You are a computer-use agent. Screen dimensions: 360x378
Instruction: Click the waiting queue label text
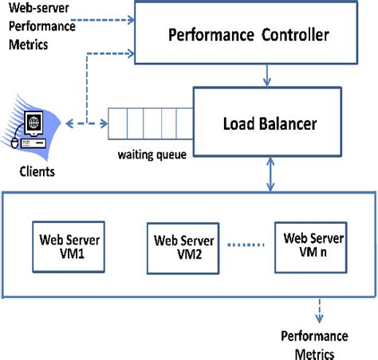152,155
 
